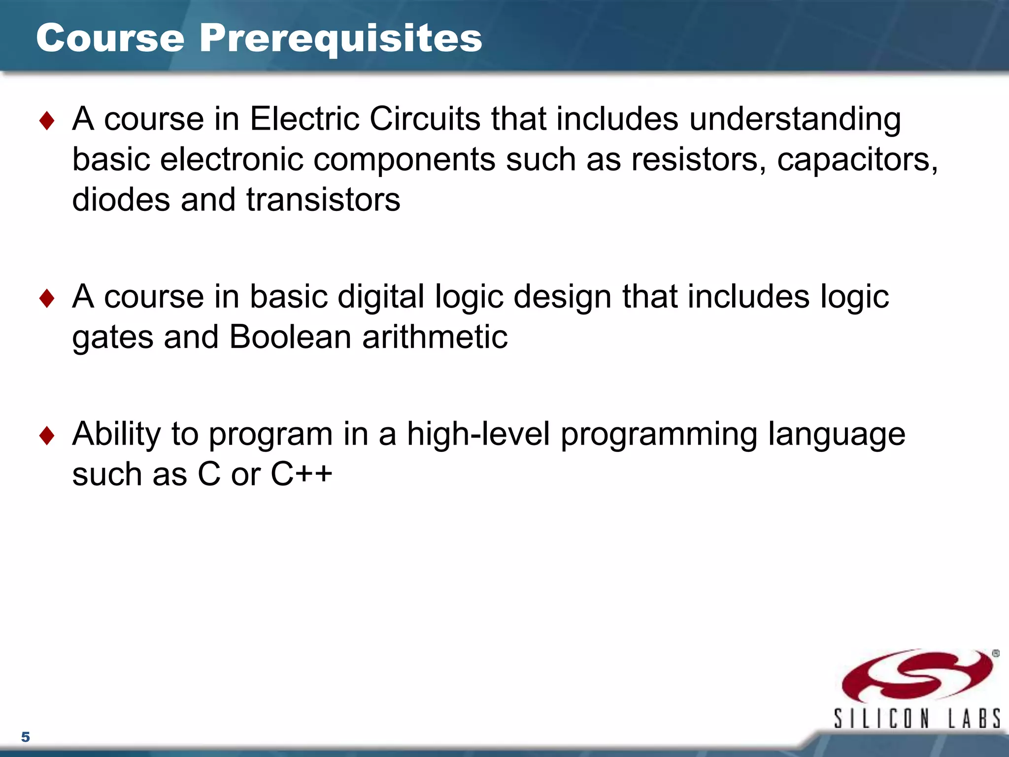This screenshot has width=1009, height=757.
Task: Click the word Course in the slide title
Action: [110, 38]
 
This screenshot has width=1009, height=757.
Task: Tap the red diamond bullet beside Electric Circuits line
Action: [47, 121]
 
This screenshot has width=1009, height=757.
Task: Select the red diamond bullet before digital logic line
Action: [47, 298]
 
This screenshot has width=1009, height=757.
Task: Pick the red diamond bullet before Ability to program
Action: [47, 436]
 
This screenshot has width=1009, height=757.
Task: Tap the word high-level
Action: [478, 434]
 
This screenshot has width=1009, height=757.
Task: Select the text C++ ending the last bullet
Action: [302, 474]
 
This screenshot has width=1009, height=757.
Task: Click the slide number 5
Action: [26, 737]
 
